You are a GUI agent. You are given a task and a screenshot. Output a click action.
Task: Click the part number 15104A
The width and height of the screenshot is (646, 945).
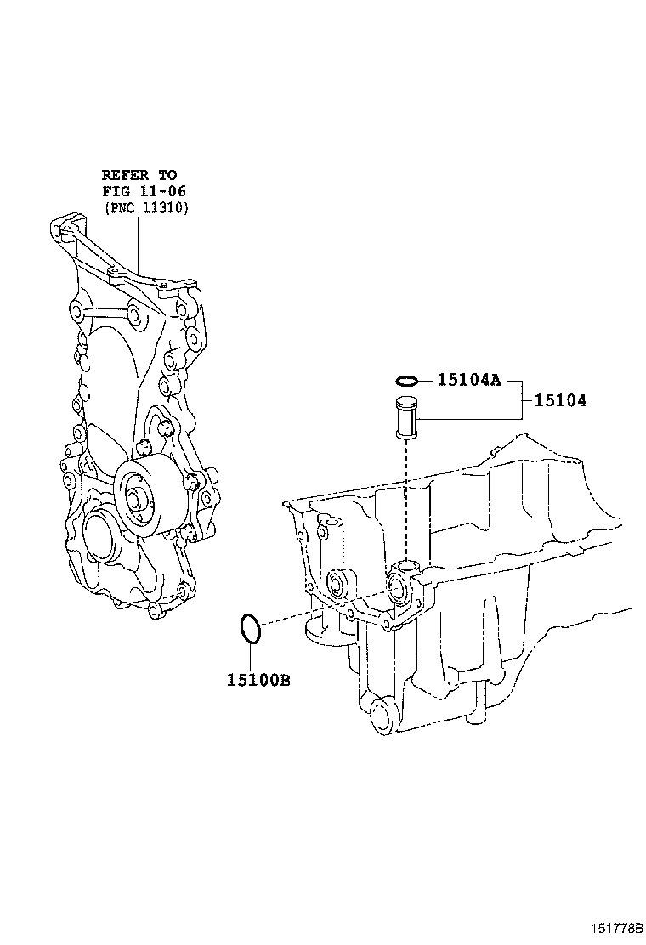pos(468,380)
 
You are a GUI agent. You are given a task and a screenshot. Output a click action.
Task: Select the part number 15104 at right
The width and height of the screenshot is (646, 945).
pos(560,399)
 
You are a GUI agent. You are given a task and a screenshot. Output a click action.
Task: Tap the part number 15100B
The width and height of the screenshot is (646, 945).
pos(258,679)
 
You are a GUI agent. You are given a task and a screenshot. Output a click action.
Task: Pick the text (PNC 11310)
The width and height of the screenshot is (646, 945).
pos(145,207)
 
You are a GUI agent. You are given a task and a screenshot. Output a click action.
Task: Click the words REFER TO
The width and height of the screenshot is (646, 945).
pos(139,175)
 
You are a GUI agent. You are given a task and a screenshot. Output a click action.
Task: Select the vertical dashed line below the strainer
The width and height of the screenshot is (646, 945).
pos(407,501)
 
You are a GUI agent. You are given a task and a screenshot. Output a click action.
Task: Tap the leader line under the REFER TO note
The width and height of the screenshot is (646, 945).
pos(139,242)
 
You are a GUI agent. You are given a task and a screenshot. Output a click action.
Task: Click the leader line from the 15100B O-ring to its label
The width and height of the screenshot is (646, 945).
pos(251,654)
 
